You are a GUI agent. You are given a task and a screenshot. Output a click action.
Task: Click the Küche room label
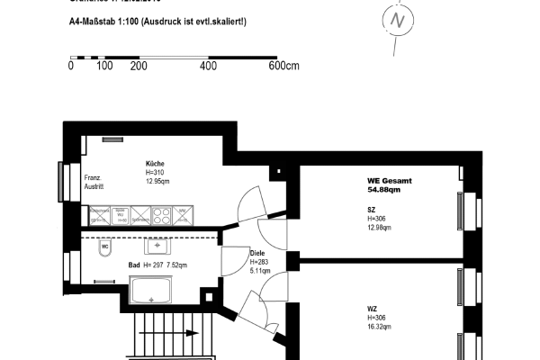click(155, 163)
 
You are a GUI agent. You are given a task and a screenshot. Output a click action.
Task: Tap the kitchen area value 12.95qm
click(157, 181)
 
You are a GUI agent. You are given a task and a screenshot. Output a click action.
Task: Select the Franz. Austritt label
click(94, 183)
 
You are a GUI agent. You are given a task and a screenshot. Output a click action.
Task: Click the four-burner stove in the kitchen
click(162, 216)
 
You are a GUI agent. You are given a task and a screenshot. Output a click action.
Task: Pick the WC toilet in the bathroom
click(104, 245)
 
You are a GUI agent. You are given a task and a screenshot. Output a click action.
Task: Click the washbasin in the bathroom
click(160, 246)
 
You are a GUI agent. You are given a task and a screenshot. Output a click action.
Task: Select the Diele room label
click(258, 253)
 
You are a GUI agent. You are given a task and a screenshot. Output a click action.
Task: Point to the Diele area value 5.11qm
click(260, 268)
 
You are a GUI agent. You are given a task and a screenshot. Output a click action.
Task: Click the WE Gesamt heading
click(390, 180)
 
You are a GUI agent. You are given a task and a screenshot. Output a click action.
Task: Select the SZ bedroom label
click(371, 209)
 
